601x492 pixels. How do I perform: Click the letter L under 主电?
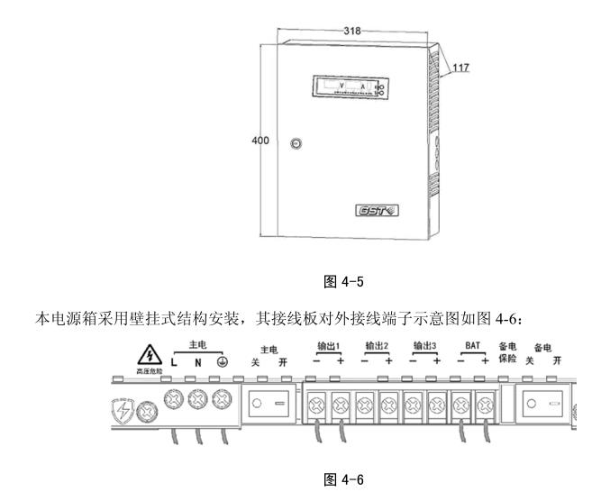[x=173, y=361]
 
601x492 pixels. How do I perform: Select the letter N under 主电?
[x=196, y=361]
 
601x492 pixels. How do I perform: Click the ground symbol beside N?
[x=220, y=361]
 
